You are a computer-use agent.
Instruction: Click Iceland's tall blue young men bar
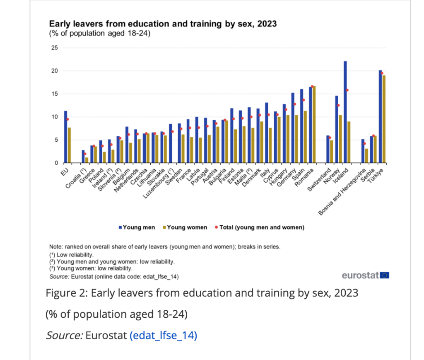click(345, 112)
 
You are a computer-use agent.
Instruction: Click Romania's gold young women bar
click(314, 124)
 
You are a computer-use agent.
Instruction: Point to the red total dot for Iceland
click(347, 90)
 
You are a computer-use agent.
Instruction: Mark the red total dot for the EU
click(67, 119)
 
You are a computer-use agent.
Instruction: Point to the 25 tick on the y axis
click(54, 48)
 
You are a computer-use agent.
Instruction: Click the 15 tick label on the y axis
click(54, 94)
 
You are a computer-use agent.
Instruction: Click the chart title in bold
click(163, 24)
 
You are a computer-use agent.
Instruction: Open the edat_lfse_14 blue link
click(163, 335)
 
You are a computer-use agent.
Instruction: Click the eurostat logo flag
click(385, 275)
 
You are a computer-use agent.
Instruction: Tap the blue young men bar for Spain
click(302, 126)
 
